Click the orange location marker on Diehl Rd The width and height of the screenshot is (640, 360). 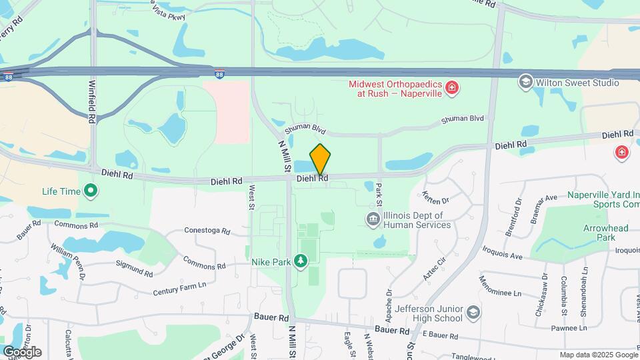tap(320, 159)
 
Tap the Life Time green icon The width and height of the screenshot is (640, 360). tap(91, 192)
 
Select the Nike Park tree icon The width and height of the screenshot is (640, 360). tap(301, 261)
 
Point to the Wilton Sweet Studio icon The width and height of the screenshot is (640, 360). tap(525, 81)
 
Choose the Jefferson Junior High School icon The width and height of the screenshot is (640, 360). tap(473, 312)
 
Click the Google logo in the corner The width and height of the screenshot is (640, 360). tap(22, 352)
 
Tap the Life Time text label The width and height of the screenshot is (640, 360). tap(61, 191)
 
